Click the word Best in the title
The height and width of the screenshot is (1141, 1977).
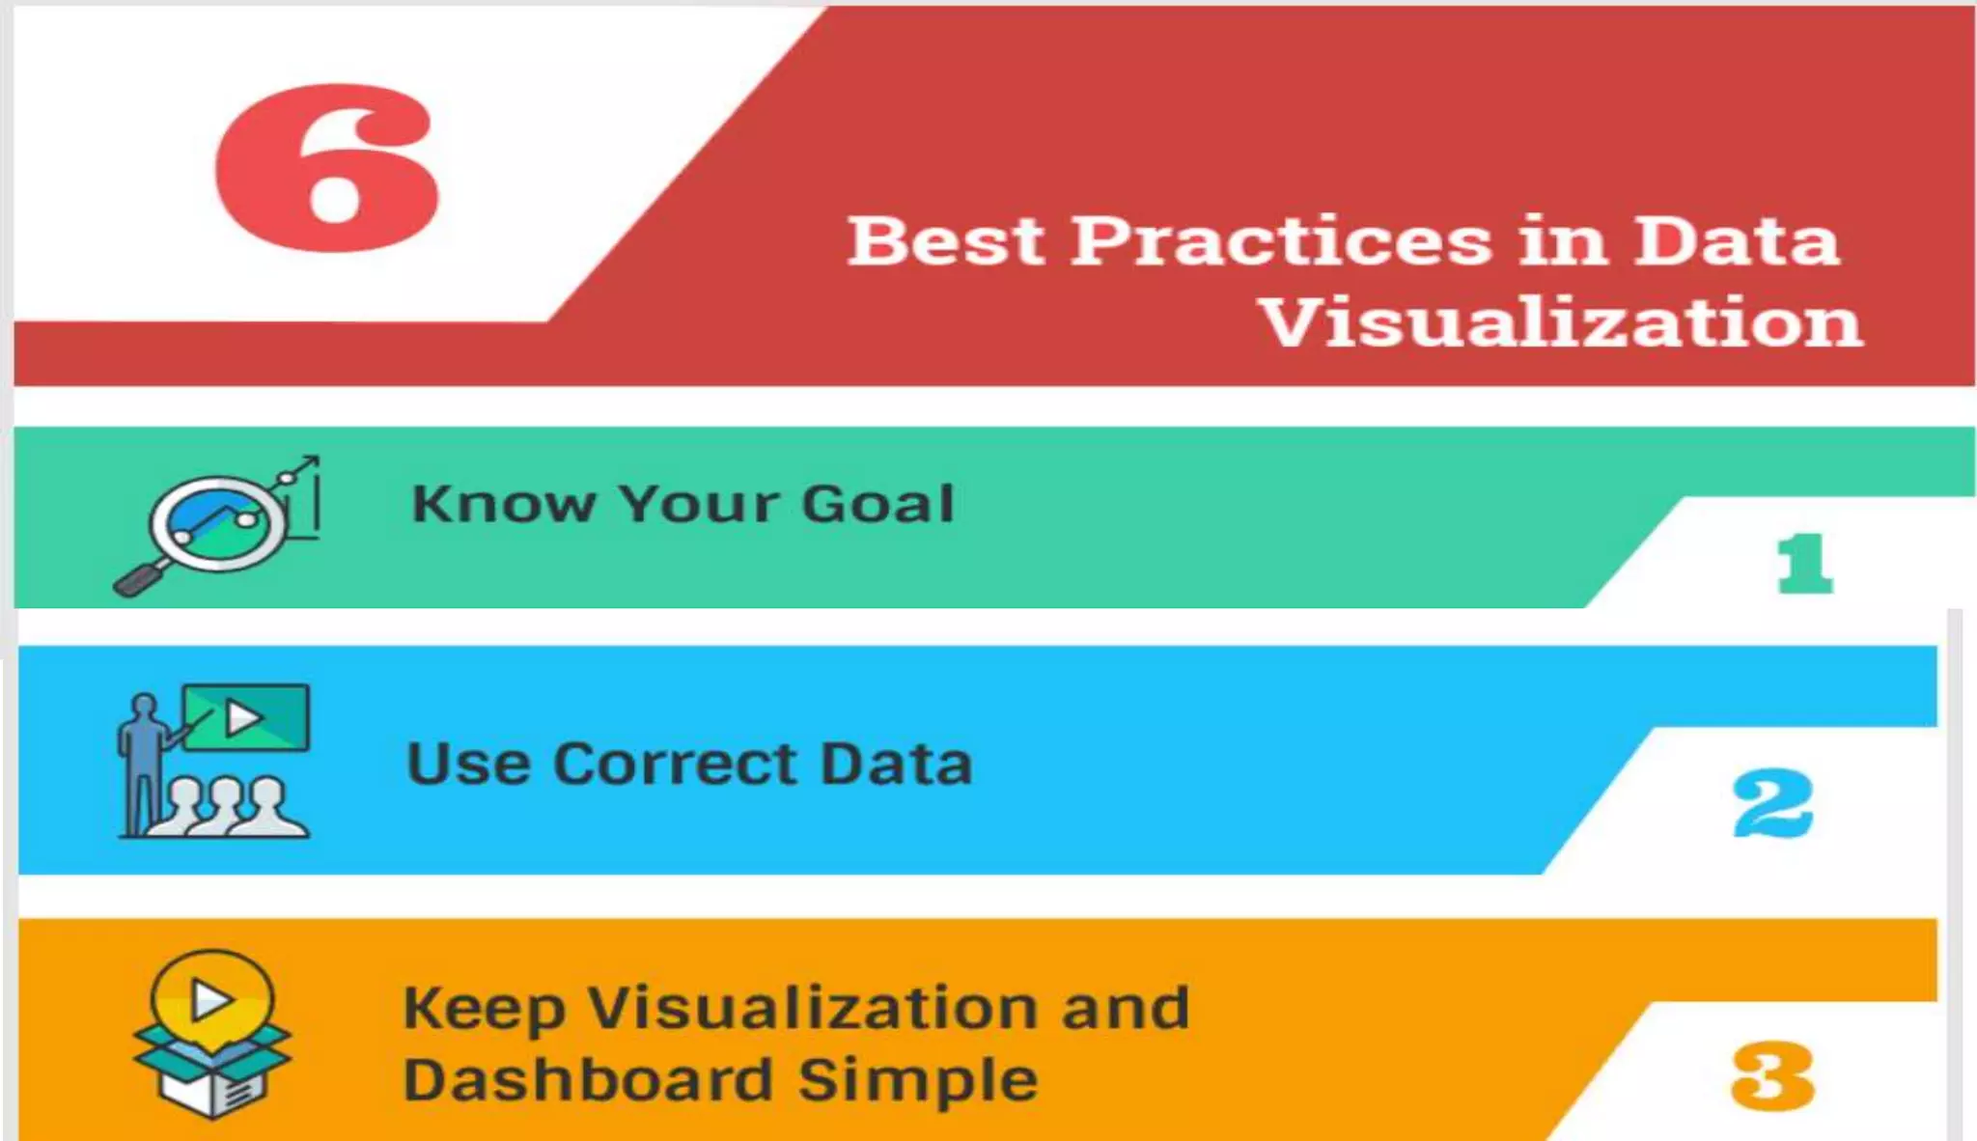[946, 241]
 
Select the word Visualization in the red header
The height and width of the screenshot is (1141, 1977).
[1562, 322]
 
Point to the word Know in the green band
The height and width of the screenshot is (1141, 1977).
[503, 504]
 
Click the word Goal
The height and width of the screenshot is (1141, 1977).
[877, 504]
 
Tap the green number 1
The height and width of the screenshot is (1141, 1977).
[1803, 564]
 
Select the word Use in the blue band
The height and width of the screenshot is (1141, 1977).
[468, 765]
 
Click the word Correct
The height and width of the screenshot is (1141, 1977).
[676, 765]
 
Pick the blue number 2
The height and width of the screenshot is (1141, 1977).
[1772, 803]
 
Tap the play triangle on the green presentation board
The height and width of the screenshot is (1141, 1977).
[242, 718]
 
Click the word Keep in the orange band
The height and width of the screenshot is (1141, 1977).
[483, 1010]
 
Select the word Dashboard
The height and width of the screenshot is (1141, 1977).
[588, 1079]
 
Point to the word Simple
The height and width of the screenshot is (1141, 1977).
[917, 1081]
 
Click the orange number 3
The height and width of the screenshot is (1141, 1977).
[1772, 1075]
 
